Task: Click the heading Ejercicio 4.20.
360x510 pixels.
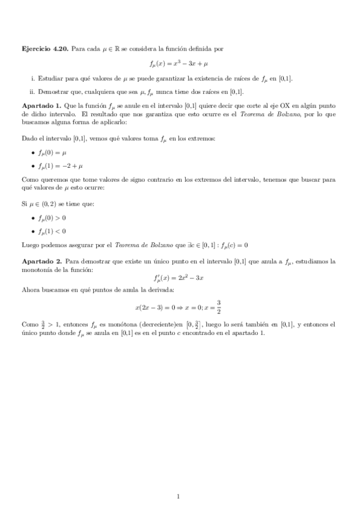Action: tap(44, 48)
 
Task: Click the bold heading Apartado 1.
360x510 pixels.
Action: tap(41, 105)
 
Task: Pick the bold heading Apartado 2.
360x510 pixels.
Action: tap(41, 262)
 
